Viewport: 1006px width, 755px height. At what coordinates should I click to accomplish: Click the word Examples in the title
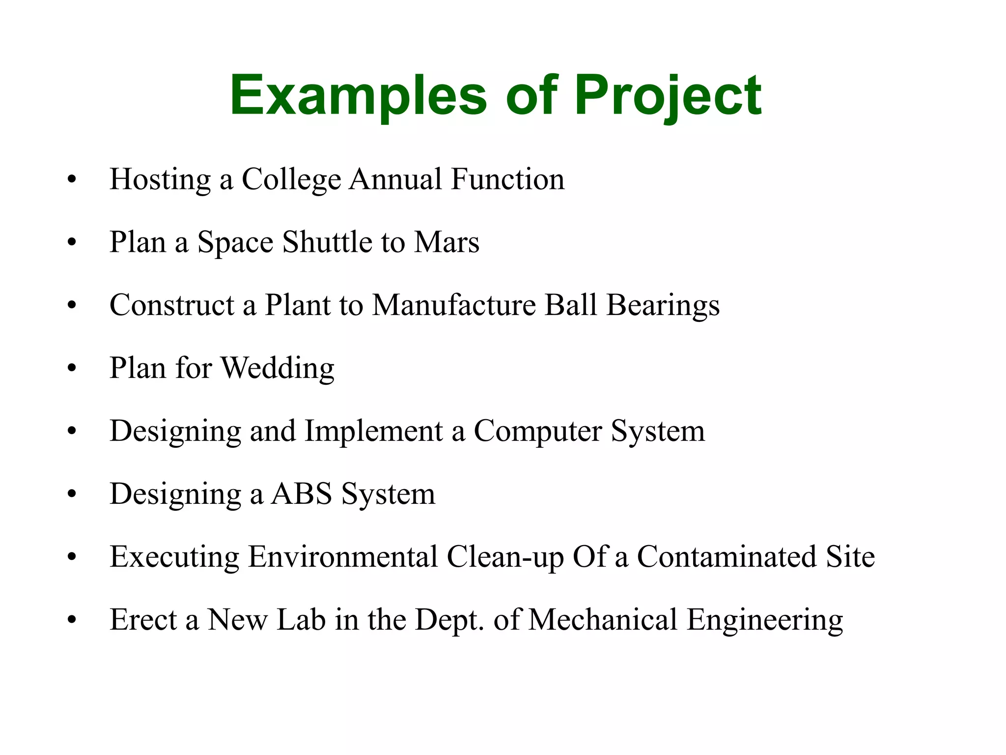click(358, 95)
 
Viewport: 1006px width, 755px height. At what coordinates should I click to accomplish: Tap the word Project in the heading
click(668, 95)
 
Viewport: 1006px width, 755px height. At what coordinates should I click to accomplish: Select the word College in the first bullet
click(291, 179)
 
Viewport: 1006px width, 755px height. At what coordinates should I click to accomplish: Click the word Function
click(508, 179)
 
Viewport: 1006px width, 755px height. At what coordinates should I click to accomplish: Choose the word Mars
click(447, 242)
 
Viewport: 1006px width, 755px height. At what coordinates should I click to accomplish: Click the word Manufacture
click(454, 305)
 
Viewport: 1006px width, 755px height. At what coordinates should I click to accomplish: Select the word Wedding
click(278, 368)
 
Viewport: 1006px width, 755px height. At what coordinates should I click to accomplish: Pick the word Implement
click(373, 432)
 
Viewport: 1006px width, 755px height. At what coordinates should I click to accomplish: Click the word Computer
click(537, 432)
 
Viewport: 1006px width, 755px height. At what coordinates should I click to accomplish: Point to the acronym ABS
click(302, 494)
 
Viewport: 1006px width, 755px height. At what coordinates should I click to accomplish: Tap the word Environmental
click(343, 556)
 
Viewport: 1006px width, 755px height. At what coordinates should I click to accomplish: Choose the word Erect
click(143, 619)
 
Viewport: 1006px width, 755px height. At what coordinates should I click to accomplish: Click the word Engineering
click(764, 620)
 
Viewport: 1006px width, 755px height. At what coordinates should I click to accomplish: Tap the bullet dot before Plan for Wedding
click(72, 368)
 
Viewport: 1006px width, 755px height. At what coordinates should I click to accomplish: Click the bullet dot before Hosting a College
click(72, 179)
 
